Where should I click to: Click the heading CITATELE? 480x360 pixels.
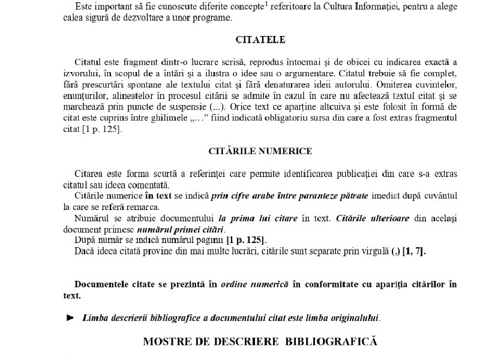coord(260,40)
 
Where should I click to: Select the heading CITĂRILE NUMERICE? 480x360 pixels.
coord(260,150)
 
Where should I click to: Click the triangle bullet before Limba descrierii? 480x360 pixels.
coord(70,317)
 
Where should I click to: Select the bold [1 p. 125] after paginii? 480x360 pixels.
coord(245,240)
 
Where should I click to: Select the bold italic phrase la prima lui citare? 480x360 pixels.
coord(258,218)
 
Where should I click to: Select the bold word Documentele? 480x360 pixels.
coord(104,285)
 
